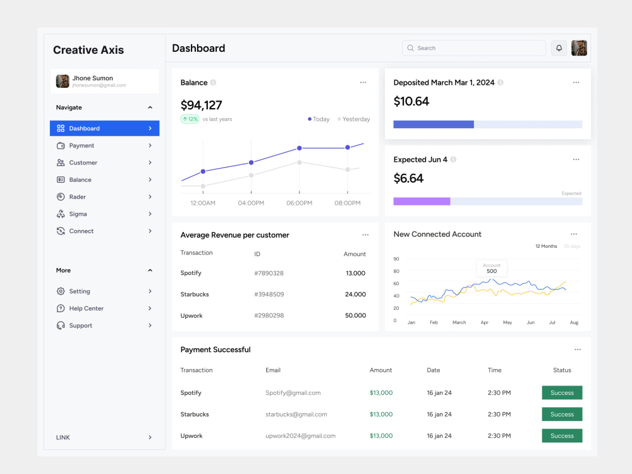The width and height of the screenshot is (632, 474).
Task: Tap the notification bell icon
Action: click(x=559, y=48)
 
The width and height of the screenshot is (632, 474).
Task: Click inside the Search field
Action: click(x=473, y=48)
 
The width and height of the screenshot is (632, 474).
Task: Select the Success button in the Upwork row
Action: click(x=562, y=435)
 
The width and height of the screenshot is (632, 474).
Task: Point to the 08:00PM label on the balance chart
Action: click(x=348, y=203)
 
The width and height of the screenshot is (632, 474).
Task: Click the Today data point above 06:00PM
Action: click(x=299, y=149)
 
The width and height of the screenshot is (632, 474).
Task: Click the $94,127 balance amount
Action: click(x=201, y=105)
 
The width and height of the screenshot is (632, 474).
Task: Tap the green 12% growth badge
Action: click(x=190, y=119)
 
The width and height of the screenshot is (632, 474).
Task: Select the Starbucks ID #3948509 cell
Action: click(x=269, y=295)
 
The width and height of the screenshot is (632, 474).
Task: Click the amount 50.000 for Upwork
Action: click(x=355, y=315)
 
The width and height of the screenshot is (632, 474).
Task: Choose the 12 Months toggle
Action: click(x=546, y=246)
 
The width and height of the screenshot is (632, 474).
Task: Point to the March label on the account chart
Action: click(x=459, y=322)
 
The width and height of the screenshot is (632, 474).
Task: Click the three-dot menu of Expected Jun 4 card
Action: click(x=576, y=160)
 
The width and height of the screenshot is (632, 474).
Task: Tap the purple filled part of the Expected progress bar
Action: click(x=422, y=202)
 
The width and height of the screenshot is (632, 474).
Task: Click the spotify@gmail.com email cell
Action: click(x=293, y=393)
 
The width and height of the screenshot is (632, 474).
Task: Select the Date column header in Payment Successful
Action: click(x=434, y=370)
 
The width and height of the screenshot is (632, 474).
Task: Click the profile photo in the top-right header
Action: click(x=579, y=48)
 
